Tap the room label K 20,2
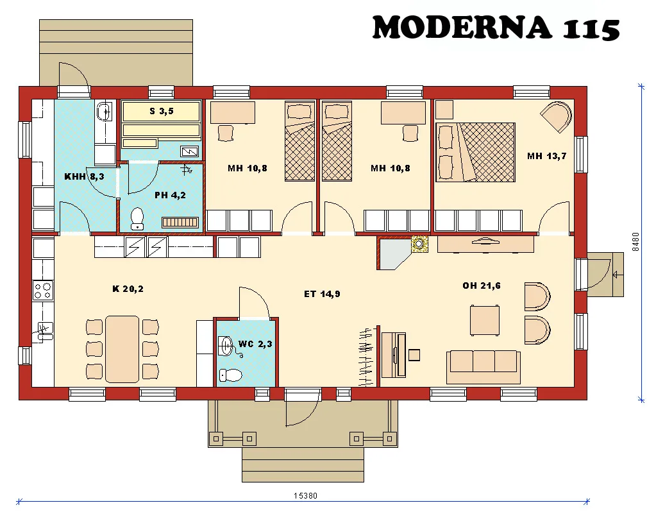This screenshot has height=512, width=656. pyautogui.click(x=128, y=289)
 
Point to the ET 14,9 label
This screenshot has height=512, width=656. pyautogui.click(x=322, y=294)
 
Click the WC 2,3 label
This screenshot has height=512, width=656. pyautogui.click(x=255, y=344)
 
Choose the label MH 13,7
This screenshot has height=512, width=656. pyautogui.click(x=546, y=156)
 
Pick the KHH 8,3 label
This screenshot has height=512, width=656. pyautogui.click(x=84, y=176)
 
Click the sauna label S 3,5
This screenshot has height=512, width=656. pyautogui.click(x=162, y=111)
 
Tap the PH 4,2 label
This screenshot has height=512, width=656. pyautogui.click(x=170, y=195)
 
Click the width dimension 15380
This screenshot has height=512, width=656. pyautogui.click(x=306, y=495)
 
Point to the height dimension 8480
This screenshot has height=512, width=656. pyautogui.click(x=635, y=241)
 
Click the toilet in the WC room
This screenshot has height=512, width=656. pyautogui.click(x=231, y=375)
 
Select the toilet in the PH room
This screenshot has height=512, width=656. pyautogui.click(x=137, y=219)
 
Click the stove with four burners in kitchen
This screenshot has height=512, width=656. pyautogui.click(x=43, y=291)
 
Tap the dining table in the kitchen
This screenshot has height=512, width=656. pyautogui.click(x=122, y=348)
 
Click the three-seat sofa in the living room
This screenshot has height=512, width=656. pyautogui.click(x=484, y=362)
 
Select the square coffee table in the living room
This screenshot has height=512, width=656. pyautogui.click(x=485, y=320)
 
